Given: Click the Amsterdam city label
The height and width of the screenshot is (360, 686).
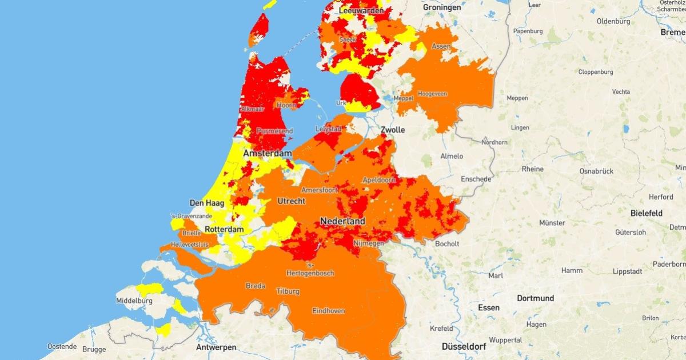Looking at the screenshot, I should point(268,154).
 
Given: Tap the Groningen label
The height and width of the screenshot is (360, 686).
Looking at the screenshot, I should point(442,7).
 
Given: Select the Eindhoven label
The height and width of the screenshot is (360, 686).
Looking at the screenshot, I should point(328,311).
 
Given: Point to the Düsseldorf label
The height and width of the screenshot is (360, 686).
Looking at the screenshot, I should point(464,346).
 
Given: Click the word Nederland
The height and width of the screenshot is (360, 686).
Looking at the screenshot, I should point(342,221).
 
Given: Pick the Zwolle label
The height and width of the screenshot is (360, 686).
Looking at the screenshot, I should point(393,130).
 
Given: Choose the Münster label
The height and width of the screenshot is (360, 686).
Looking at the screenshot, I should point(552,222).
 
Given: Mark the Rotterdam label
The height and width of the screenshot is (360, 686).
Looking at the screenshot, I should point(224,229).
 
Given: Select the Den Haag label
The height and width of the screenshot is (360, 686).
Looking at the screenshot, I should point(206,203).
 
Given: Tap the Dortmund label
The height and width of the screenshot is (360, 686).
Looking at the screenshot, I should point(535,298).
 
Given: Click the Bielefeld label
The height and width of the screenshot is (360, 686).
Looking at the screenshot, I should point(646,213).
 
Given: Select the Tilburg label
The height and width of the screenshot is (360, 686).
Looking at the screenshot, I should point(287,291).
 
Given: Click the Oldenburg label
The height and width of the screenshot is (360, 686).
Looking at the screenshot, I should point(612,21).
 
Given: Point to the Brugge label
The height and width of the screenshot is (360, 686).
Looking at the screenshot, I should point(94,348).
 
